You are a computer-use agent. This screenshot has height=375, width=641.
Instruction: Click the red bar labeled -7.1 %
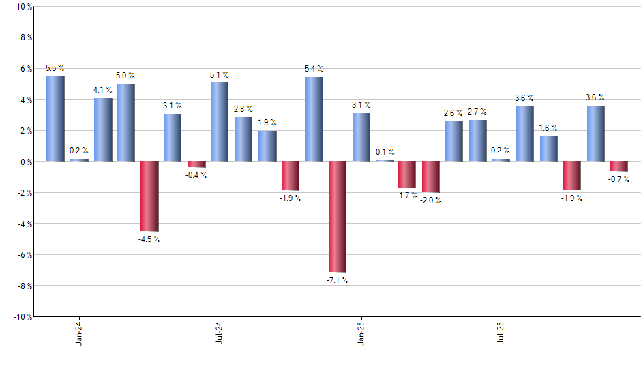pyautogui.click(x=338, y=217)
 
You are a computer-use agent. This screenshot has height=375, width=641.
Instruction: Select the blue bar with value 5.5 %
pyautogui.click(x=55, y=119)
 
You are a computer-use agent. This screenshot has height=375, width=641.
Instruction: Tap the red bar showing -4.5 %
pyautogui.click(x=149, y=196)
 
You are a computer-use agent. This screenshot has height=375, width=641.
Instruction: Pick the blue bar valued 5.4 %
pyautogui.click(x=314, y=119)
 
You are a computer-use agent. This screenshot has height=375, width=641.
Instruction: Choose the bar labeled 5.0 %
pyautogui.click(x=125, y=123)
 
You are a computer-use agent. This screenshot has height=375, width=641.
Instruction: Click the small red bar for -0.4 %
pyautogui.click(x=196, y=164)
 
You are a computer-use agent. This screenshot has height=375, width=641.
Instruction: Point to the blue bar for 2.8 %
pyautogui.click(x=243, y=139)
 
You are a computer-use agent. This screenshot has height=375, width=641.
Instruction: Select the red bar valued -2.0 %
pyautogui.click(x=431, y=177)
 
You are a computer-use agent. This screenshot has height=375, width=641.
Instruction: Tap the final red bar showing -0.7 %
pyautogui.click(x=619, y=166)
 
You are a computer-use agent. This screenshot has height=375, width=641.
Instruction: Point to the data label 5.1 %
pyautogui.click(x=220, y=75)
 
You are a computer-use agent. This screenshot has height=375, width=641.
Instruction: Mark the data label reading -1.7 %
pyautogui.click(x=407, y=196)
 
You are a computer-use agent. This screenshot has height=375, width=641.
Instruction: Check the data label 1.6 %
pyautogui.click(x=549, y=127)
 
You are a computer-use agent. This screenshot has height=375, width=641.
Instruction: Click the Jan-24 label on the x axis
pyautogui.click(x=79, y=332)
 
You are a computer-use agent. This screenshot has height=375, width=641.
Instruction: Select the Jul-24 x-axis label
pyautogui.click(x=220, y=332)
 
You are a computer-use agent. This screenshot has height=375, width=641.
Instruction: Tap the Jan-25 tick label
pyautogui.click(x=361, y=332)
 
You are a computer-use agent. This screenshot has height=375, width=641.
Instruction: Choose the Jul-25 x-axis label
pyautogui.click(x=501, y=332)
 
